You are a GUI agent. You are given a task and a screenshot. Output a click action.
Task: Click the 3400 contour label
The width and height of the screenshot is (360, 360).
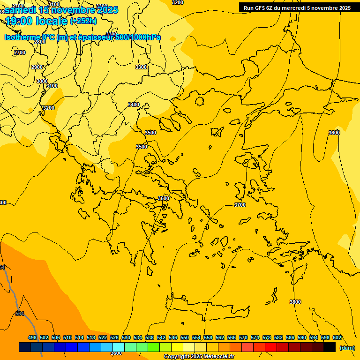click(134, 105)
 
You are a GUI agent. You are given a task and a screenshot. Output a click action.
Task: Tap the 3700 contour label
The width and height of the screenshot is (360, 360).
click(240, 205)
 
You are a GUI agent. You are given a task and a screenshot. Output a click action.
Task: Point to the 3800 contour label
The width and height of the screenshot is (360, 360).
click(295, 302)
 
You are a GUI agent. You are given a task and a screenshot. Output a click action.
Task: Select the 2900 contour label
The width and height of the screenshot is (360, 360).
click(37, 67)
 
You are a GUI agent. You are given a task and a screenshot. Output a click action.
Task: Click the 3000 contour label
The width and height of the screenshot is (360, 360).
click(42, 81)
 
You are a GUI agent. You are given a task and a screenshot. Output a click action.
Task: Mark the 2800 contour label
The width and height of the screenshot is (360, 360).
click(40, 42)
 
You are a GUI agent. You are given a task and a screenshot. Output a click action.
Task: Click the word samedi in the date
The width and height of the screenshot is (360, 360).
click(21, 10)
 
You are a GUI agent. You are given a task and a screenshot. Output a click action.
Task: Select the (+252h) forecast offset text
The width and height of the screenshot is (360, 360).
click(83, 21)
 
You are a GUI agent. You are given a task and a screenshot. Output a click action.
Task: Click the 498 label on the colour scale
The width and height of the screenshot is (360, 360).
click(32, 337)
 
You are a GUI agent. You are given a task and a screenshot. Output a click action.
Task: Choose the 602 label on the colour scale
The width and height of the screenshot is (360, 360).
click(337, 337)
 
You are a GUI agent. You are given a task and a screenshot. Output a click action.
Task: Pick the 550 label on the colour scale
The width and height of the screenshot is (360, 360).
click(185, 337)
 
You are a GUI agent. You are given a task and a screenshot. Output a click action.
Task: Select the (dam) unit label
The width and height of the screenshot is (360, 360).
click(347, 347)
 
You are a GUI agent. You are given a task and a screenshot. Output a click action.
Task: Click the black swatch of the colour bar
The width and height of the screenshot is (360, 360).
click(330, 347)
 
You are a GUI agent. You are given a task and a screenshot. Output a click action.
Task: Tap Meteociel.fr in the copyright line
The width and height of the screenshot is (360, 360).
click(217, 357)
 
